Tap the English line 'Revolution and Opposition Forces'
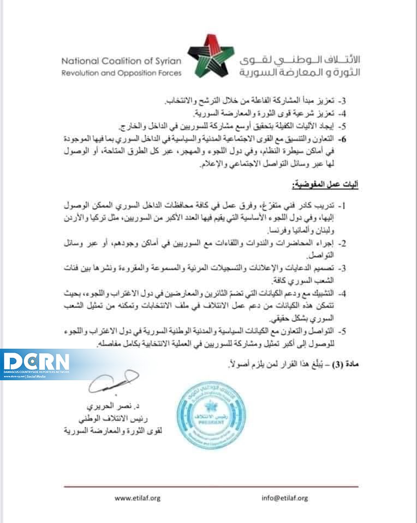pos(121,72)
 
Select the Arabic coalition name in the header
pos(300,65)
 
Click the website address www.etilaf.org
pos(138,498)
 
